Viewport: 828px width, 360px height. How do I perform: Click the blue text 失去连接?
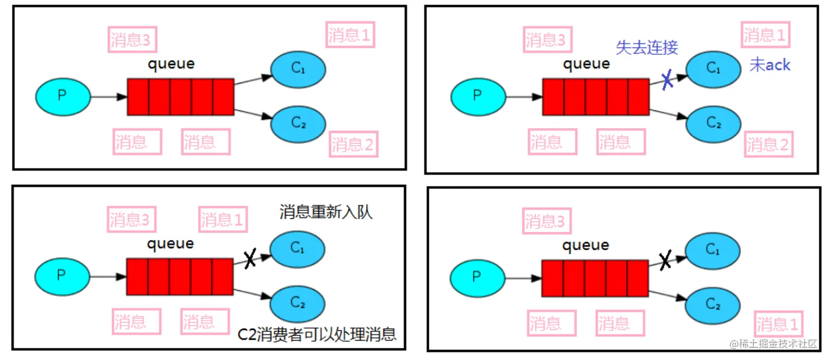coord(647,47)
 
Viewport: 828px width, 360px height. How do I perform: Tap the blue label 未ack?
coord(769,65)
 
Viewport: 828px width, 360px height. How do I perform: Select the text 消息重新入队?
coord(326,212)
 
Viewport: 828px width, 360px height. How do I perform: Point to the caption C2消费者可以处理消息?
coord(317,334)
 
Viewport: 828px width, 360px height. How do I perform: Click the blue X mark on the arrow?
coord(667,81)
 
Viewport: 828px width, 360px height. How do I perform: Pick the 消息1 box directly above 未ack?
coord(764,36)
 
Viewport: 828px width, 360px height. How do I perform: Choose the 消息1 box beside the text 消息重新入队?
coord(222,220)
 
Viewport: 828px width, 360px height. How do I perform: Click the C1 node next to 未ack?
coord(713,68)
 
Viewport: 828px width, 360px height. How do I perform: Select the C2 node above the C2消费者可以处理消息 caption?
coord(298,303)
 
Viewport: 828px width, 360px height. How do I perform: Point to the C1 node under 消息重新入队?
coord(298,249)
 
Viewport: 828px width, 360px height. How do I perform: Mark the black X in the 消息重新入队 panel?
coord(250,259)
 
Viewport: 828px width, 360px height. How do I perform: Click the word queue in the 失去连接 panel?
coord(586,64)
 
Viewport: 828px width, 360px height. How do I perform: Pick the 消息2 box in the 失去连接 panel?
coord(769,145)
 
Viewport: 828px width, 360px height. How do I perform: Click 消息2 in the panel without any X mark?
coord(354,145)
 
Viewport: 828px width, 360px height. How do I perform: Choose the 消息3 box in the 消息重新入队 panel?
coord(131,220)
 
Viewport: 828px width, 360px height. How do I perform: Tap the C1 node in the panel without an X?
coord(298,69)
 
